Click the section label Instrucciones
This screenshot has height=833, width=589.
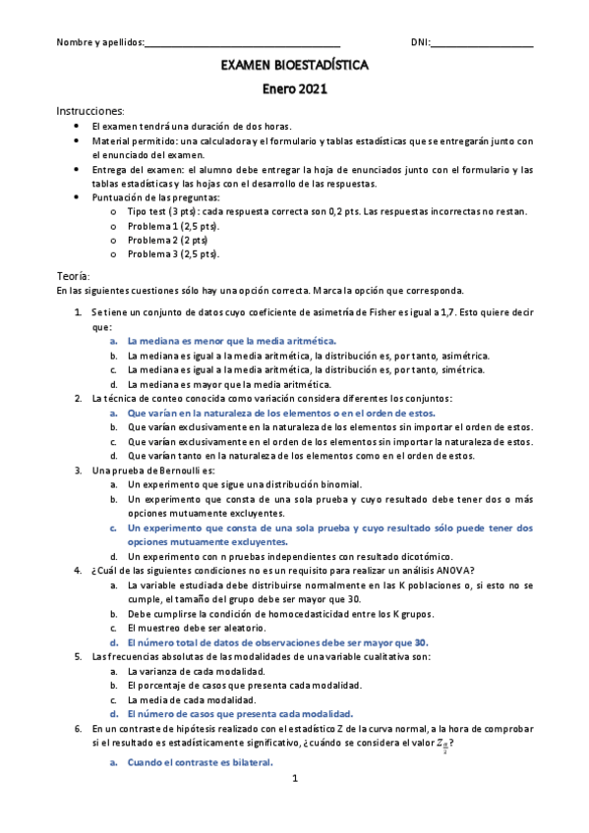click(90, 111)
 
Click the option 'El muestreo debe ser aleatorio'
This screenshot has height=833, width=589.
click(196, 628)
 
